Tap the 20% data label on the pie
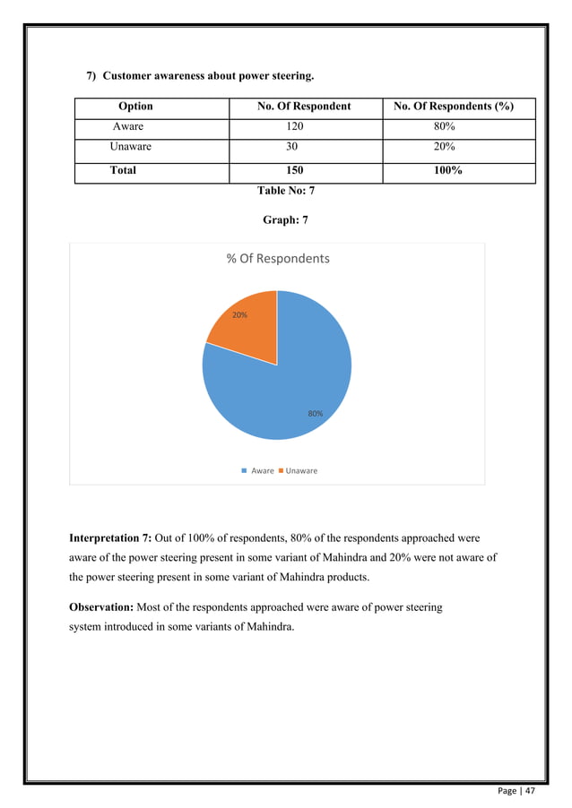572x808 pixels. click(x=240, y=315)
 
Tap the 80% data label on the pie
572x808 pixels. click(x=315, y=414)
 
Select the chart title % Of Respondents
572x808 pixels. click(x=277, y=259)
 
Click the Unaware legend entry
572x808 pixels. click(x=300, y=470)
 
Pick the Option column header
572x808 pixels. click(x=135, y=107)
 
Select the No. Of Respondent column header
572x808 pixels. click(x=304, y=107)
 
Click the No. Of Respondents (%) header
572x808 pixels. click(x=454, y=107)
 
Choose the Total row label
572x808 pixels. click(x=123, y=170)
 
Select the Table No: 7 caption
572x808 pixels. click(x=286, y=191)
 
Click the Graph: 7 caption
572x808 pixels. click(x=286, y=219)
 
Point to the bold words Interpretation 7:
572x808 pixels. click(x=110, y=538)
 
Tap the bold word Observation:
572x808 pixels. click(x=101, y=607)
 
